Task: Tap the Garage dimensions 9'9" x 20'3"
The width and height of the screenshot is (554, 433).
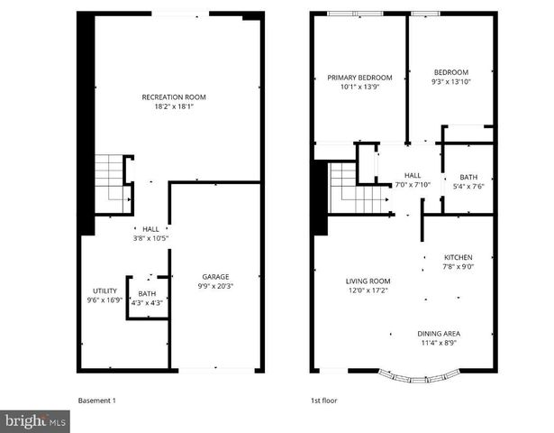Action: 215,287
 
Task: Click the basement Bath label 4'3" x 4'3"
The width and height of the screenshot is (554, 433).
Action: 147,299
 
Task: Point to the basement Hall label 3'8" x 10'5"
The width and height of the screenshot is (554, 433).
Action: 150,234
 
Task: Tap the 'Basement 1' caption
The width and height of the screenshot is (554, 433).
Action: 97,400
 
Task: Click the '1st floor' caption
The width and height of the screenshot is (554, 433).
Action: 322,400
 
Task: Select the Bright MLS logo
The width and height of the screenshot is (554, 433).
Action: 35,420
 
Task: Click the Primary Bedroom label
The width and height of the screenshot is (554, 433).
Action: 358,83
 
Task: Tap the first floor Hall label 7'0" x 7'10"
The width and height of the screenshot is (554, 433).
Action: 412,180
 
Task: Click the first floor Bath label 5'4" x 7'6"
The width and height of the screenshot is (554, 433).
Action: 468,182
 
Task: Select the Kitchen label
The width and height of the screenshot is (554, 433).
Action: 457,262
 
